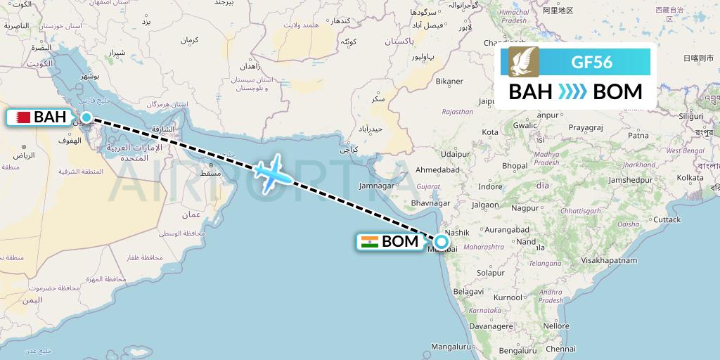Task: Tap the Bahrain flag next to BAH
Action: click(x=20, y=117)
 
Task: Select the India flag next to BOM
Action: click(x=369, y=243)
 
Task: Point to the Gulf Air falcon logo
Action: click(x=524, y=62)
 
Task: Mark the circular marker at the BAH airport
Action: click(x=86, y=117)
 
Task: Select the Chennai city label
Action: click(x=560, y=348)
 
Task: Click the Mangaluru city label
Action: click(x=451, y=347)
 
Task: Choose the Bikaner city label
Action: click(x=449, y=82)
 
